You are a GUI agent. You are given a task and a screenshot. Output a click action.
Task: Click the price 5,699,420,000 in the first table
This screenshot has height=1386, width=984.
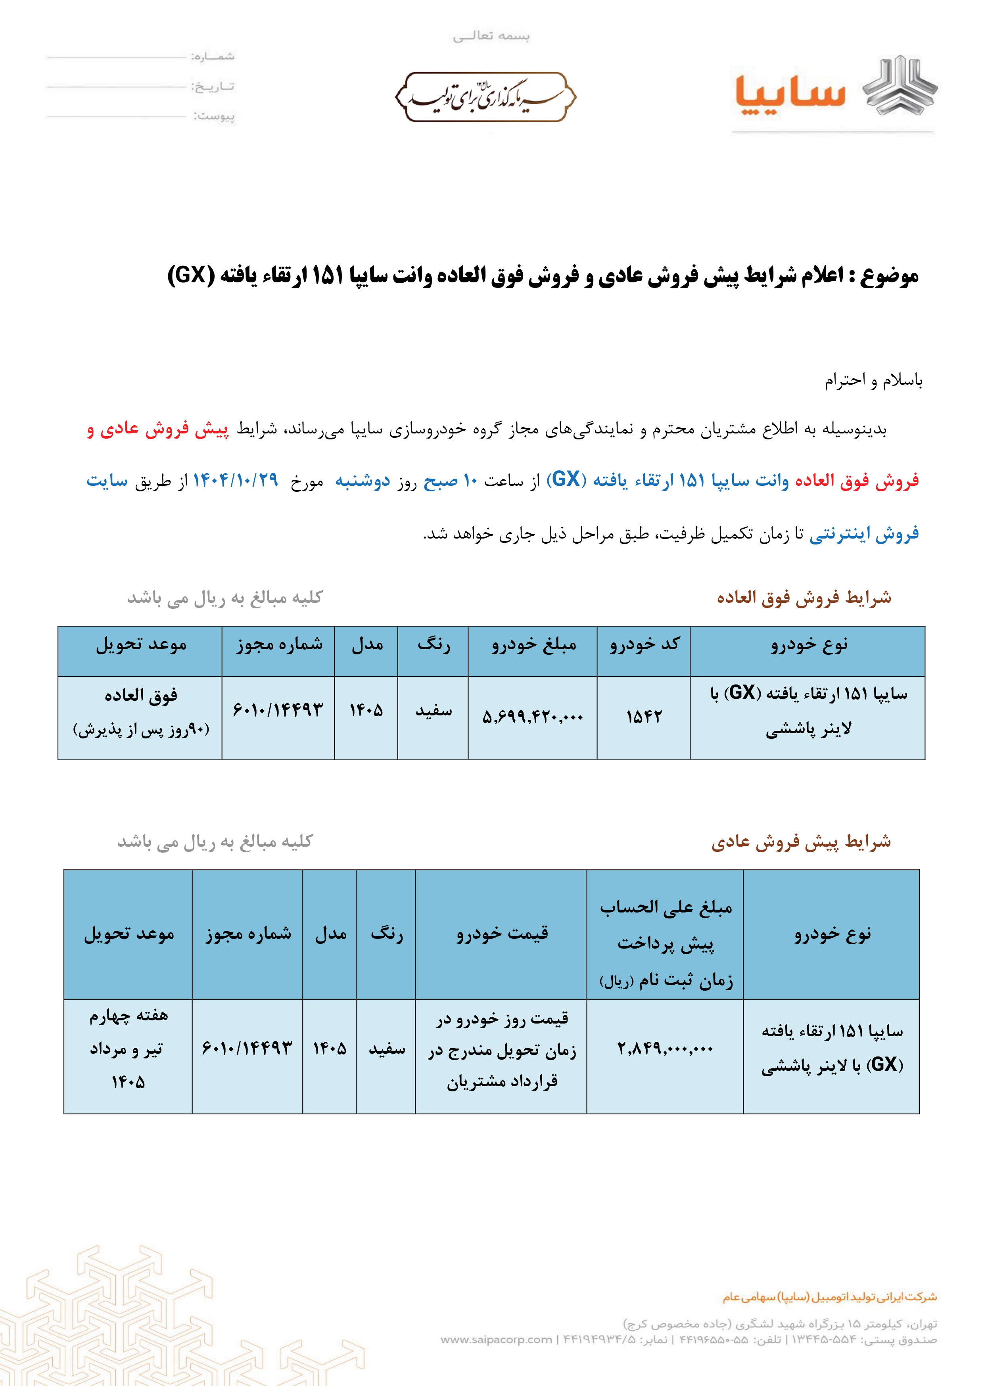(533, 717)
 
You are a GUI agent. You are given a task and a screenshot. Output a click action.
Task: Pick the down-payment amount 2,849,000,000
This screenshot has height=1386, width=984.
(665, 1048)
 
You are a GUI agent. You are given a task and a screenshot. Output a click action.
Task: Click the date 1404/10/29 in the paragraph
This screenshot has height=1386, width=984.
(235, 480)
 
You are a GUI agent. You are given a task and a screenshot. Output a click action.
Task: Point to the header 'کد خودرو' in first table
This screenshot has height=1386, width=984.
(644, 644)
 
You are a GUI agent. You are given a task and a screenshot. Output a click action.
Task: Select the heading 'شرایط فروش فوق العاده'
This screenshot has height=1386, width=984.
(804, 598)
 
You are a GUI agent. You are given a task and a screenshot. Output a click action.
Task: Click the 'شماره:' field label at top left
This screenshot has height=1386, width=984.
(213, 56)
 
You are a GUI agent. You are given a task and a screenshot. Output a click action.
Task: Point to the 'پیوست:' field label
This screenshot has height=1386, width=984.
(214, 116)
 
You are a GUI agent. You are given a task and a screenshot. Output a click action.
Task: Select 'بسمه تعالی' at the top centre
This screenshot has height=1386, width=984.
(491, 36)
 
